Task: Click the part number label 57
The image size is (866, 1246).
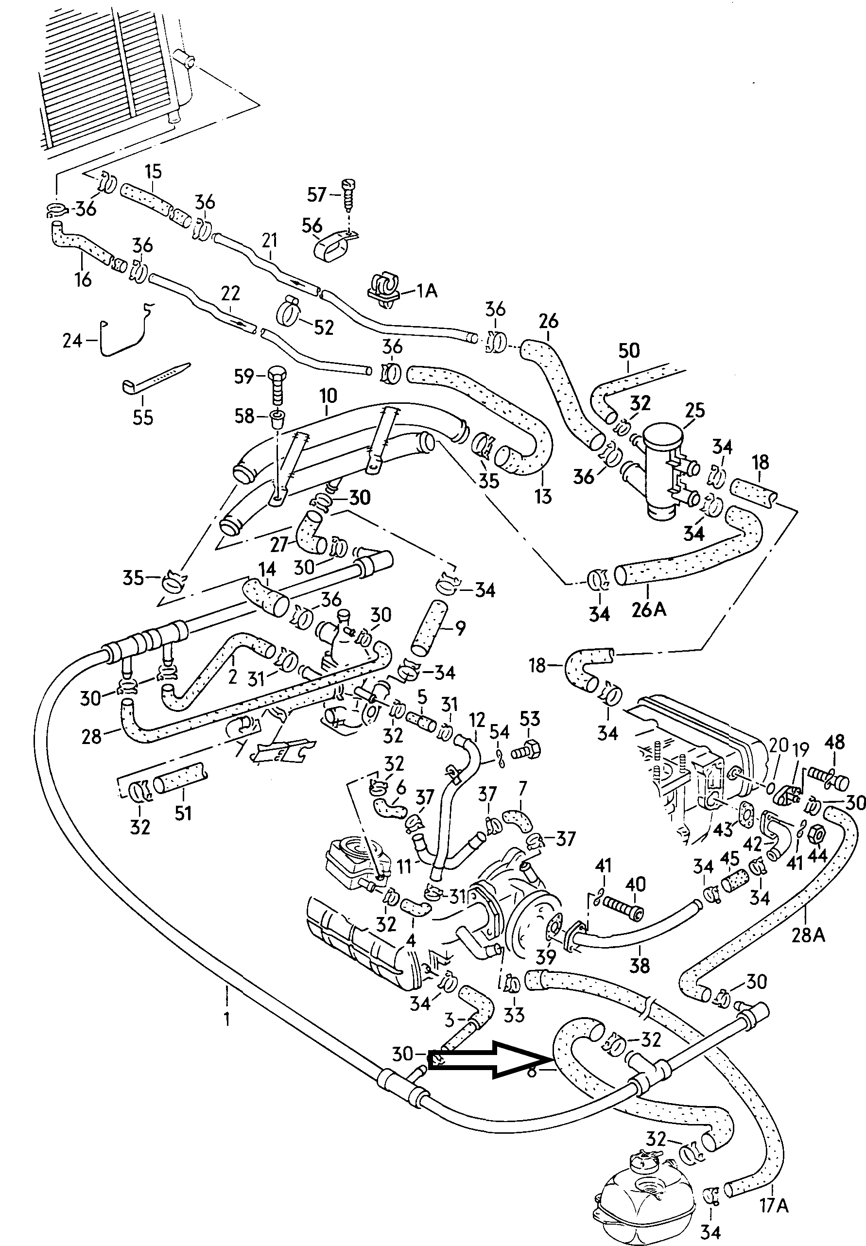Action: [316, 195]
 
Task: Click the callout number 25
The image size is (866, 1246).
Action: [694, 410]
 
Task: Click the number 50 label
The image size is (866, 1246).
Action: [629, 351]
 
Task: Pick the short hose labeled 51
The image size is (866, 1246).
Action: [180, 784]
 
